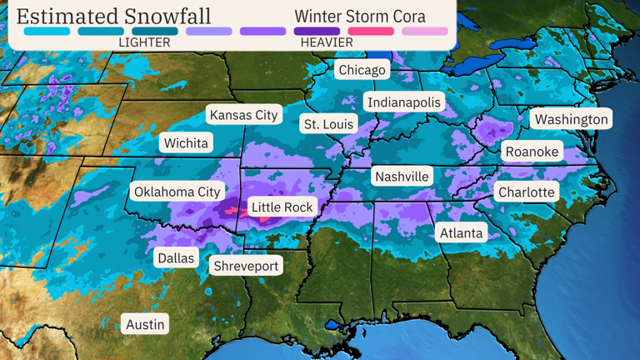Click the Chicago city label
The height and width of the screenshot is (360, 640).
tap(362, 70)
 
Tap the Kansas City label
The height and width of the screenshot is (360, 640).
tap(243, 115)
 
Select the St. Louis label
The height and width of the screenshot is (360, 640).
tap(328, 124)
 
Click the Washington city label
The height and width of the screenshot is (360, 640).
tap(571, 119)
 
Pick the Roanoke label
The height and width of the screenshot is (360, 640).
tap(532, 152)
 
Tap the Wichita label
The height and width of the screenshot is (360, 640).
tap(186, 142)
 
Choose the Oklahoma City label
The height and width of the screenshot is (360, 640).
tap(177, 192)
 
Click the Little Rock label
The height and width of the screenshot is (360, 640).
tap(282, 207)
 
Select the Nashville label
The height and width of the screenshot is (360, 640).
tap(402, 177)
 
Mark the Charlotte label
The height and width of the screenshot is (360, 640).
tap(526, 192)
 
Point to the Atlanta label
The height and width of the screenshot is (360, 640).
tap(462, 232)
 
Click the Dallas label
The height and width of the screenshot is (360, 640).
tap(176, 257)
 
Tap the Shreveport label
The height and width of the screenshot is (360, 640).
tap(246, 266)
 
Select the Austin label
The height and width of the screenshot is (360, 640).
tap(145, 323)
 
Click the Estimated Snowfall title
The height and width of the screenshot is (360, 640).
tap(113, 17)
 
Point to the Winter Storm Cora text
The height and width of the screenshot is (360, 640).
tap(360, 17)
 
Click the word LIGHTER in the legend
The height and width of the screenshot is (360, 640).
tap(144, 42)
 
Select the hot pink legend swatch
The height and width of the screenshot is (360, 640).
tap(371, 32)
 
